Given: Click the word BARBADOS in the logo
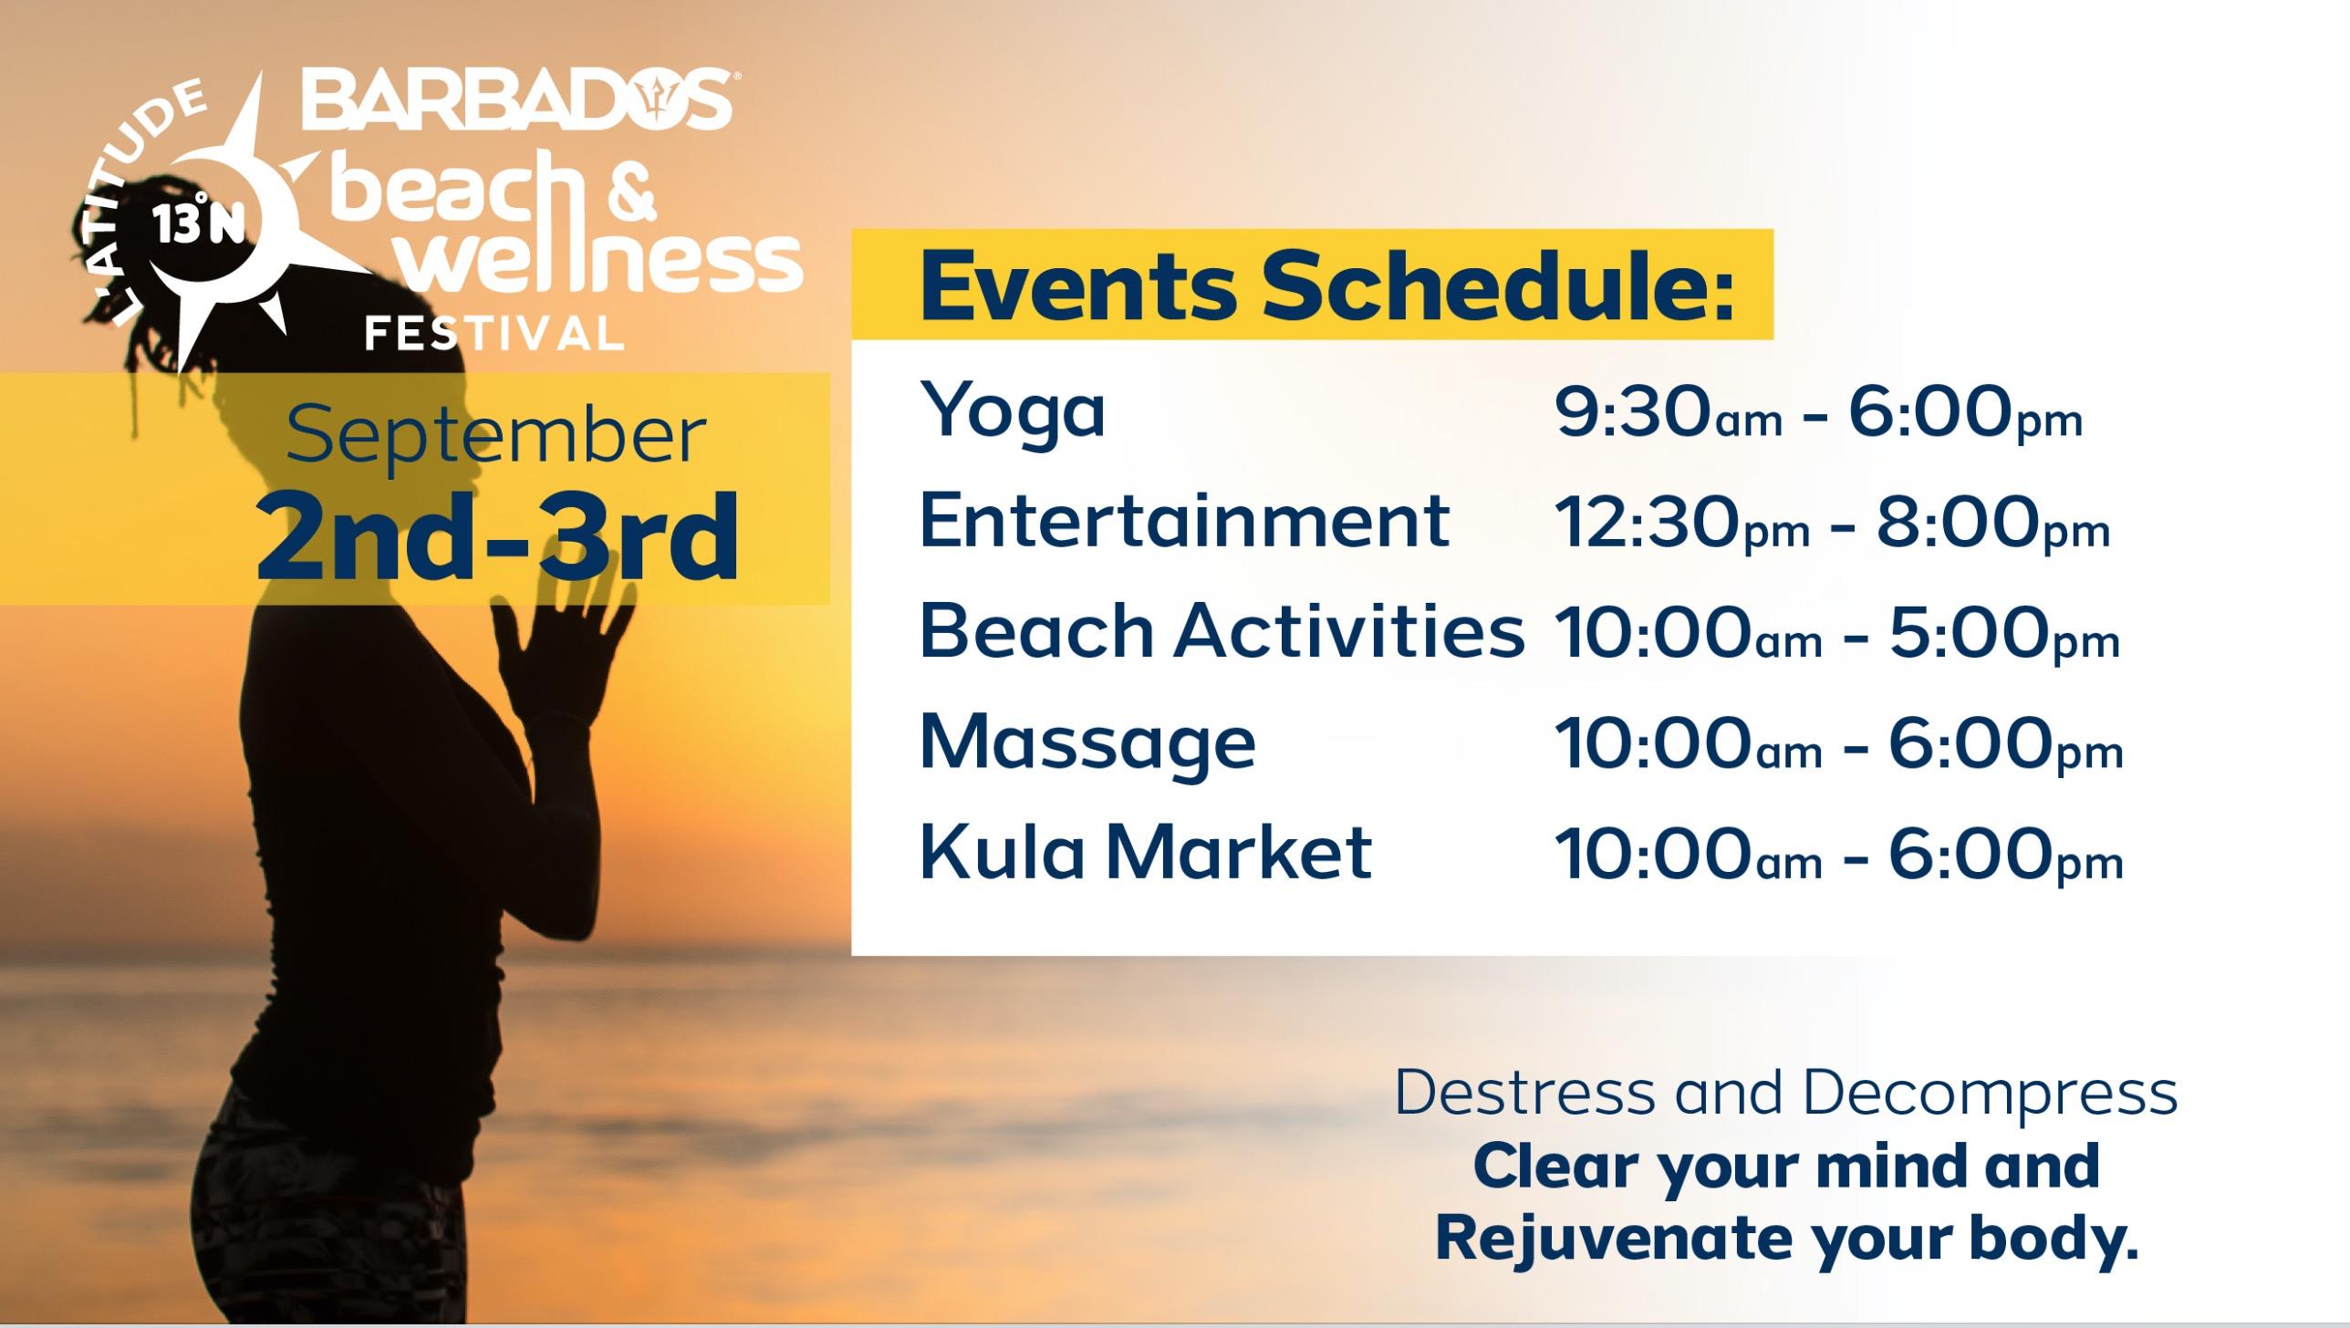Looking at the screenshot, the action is [x=517, y=98].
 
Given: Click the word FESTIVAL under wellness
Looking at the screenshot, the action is [x=494, y=333].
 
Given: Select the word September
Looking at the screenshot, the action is [x=496, y=435].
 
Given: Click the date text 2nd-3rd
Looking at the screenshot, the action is [x=497, y=538].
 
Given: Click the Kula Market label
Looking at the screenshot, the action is [x=1146, y=851].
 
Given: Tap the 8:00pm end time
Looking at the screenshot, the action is [x=1992, y=523].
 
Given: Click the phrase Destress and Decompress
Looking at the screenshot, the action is [x=1786, y=1094].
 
